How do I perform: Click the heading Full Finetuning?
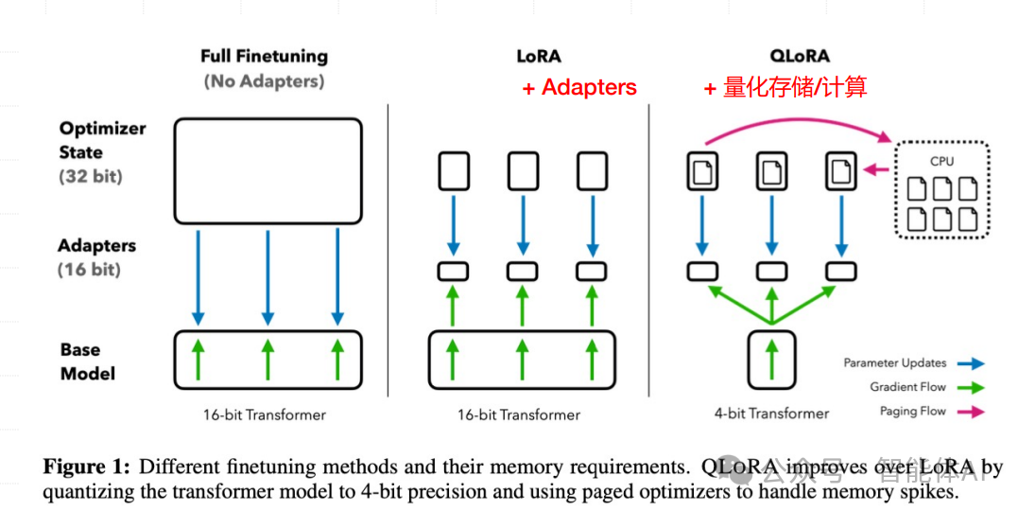coord(264,57)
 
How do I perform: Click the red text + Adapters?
coord(579,88)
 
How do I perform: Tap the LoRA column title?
coord(538,57)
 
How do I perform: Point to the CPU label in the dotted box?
coord(941,161)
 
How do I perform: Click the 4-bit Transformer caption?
coord(771,414)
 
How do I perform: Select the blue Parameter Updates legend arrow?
coord(971,362)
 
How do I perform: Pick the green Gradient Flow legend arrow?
coord(971,387)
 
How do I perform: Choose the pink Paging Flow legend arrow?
coord(971,412)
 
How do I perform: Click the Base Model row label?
coord(88,361)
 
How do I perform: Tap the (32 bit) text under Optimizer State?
coord(91,176)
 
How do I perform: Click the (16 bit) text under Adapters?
coord(91,270)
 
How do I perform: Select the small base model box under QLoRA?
coord(771,359)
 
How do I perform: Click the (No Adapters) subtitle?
coord(264,81)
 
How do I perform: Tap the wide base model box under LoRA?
coord(519,359)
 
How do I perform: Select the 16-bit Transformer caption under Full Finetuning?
coord(264,414)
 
